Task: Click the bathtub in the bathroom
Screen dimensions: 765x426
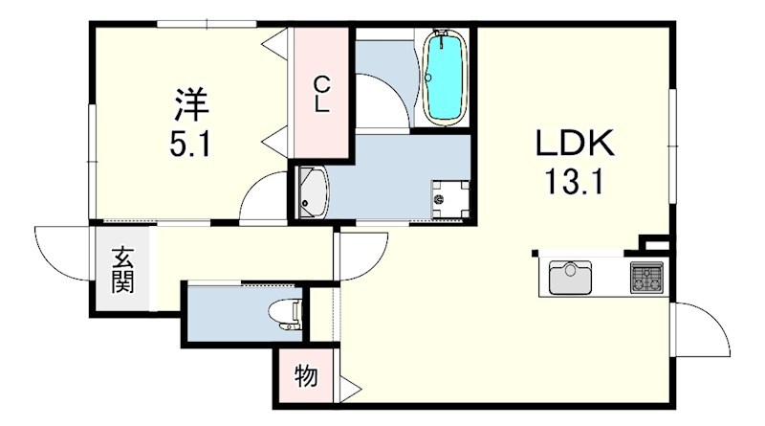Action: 444,78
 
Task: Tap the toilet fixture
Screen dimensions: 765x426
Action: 286,315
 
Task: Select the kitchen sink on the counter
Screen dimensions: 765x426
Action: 570,278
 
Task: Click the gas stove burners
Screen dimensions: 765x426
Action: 647,278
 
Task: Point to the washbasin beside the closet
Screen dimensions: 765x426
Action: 314,192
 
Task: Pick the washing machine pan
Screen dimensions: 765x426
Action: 449,199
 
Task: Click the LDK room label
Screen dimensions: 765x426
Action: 575,144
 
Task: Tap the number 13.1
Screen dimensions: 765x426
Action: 574,181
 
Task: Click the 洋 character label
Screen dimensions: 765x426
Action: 192,104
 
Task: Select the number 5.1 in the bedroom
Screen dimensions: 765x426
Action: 190,145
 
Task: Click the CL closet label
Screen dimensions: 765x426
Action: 321,94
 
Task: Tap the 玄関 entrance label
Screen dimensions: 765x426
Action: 122,270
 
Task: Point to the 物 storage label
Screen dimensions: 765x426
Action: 306,375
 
